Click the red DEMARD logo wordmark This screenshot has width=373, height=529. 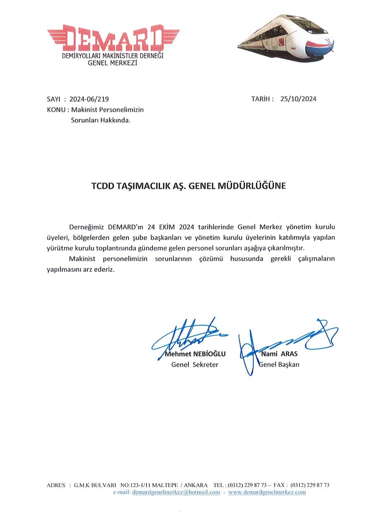pyautogui.click(x=113, y=39)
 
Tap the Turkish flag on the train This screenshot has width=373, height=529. pyautogui.click(x=281, y=42)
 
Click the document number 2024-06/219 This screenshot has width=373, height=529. pyautogui.click(x=89, y=99)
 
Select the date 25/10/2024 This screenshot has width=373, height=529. pyautogui.click(x=298, y=99)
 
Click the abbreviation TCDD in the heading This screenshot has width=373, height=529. pyautogui.click(x=102, y=186)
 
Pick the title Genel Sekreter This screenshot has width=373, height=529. pyautogui.click(x=195, y=365)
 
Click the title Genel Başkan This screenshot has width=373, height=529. pyautogui.click(x=279, y=365)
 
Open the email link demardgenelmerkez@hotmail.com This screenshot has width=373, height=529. pyautogui.click(x=176, y=492)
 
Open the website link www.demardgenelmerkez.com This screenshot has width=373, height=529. pyautogui.click(x=267, y=492)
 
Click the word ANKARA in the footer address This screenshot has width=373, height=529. pyautogui.click(x=196, y=485)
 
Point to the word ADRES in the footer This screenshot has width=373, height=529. pyautogui.click(x=56, y=485)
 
